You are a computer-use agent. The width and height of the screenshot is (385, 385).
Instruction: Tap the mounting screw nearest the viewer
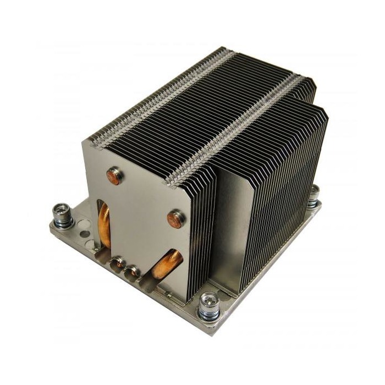coord(209,301)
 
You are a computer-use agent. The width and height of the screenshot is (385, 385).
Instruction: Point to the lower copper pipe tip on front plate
coord(177,218)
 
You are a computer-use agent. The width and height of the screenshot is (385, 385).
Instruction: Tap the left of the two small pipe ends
coord(118,263)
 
